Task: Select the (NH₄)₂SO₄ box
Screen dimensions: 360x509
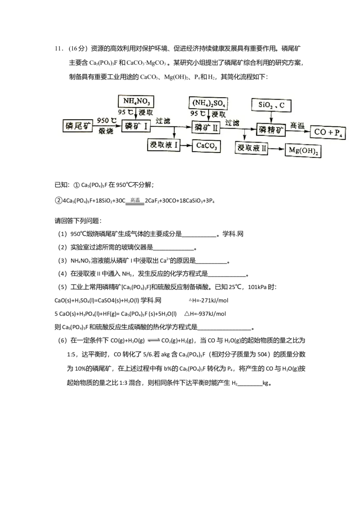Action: pos(207,104)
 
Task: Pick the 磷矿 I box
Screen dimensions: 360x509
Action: pos(136,126)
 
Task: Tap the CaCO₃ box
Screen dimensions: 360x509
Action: pos(207,145)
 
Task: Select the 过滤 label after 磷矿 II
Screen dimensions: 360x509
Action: pos(232,122)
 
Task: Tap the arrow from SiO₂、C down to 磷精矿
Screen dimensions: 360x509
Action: pos(272,116)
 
